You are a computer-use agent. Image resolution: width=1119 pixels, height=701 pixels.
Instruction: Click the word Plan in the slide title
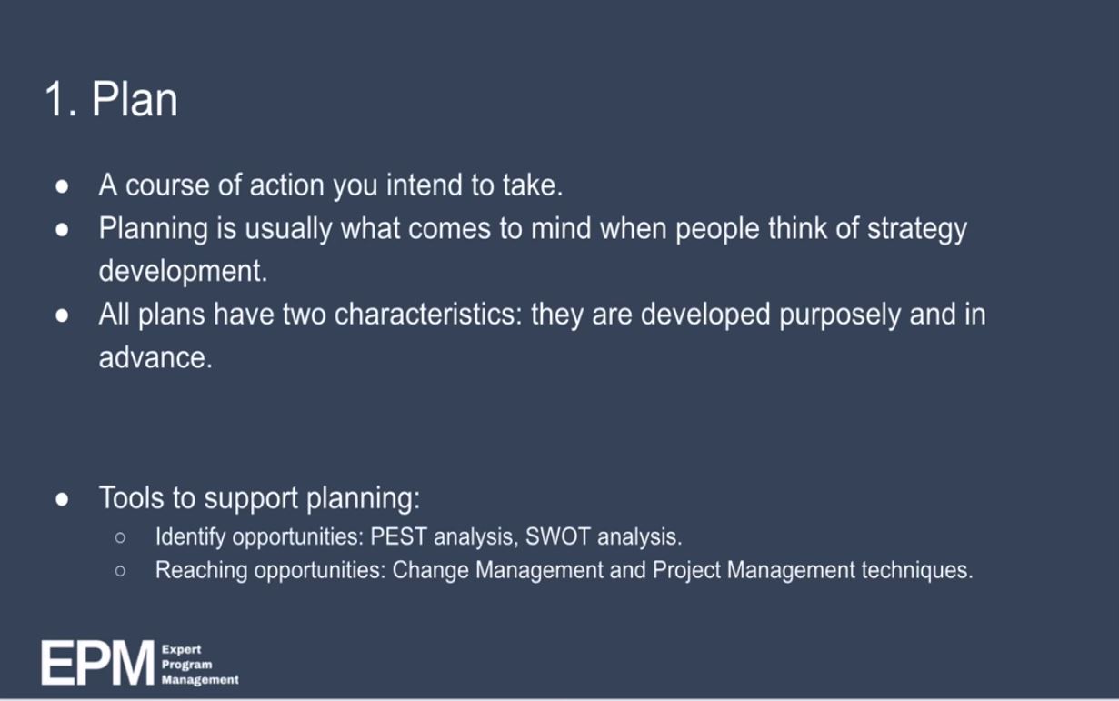click(135, 100)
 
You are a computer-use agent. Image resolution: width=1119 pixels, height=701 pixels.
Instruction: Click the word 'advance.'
click(155, 357)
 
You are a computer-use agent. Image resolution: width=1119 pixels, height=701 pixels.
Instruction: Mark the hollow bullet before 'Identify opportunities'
click(119, 536)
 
